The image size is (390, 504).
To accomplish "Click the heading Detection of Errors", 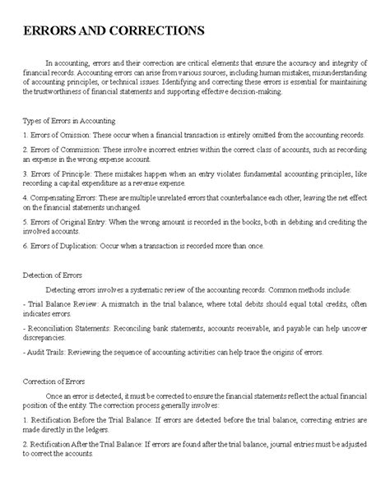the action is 58,275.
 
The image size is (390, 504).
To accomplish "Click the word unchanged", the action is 142,209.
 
